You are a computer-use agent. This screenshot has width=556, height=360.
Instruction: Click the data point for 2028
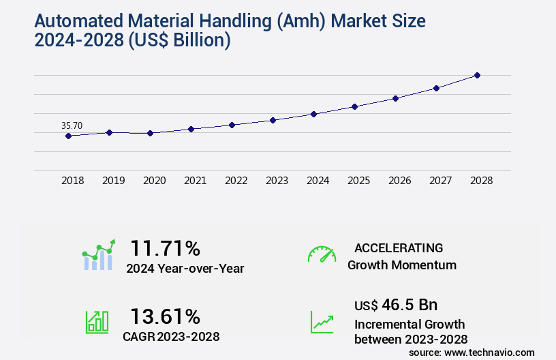(477, 75)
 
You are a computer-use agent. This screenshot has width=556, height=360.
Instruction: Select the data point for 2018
(68, 136)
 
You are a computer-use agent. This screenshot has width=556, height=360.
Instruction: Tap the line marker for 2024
(313, 114)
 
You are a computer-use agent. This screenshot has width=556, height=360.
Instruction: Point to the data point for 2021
(191, 129)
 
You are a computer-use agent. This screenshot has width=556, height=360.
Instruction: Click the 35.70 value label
(72, 125)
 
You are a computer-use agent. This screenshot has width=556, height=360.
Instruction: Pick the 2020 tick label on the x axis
(154, 181)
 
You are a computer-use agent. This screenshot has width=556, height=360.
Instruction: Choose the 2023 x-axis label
(277, 181)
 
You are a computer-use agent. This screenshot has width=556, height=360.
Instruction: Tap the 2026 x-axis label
(399, 181)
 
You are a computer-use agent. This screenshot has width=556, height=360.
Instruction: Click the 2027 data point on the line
(436, 88)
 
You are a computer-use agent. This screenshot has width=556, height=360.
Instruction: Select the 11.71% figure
(165, 247)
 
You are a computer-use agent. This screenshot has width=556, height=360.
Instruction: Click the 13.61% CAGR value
(165, 316)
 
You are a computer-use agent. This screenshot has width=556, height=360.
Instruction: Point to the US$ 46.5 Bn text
(396, 304)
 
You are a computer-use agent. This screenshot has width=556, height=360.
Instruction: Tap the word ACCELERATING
(399, 247)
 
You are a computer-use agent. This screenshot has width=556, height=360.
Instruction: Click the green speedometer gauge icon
(322, 254)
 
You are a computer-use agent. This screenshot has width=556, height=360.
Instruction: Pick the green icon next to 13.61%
(97, 322)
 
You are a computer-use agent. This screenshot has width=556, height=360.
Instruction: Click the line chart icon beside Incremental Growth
(322, 322)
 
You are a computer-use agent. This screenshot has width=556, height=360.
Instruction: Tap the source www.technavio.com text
(472, 352)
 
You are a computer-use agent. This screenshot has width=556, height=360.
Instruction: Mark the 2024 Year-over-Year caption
(185, 269)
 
